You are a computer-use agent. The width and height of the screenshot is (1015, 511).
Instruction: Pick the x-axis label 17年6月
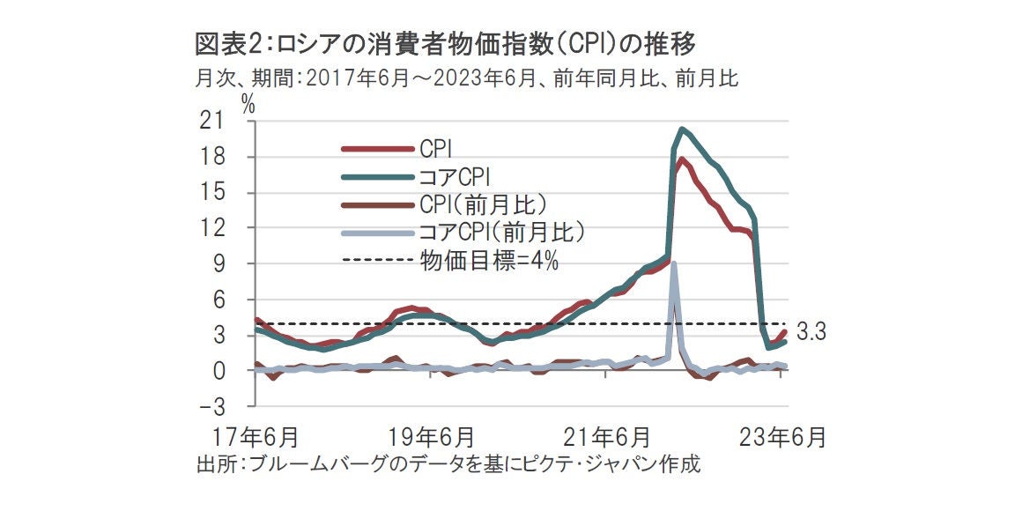[x=255, y=436]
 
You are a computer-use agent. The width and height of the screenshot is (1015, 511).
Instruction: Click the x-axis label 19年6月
[x=431, y=436]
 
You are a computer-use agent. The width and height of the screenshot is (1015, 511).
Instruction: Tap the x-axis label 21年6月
[x=607, y=436]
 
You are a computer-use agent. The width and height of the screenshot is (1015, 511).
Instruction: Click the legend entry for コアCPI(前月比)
[x=500, y=232]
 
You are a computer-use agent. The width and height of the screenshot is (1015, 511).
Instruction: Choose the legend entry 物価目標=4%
[x=488, y=260]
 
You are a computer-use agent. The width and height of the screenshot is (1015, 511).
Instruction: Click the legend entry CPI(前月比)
[x=483, y=204]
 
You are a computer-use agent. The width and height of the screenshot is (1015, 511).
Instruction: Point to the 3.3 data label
[x=810, y=333]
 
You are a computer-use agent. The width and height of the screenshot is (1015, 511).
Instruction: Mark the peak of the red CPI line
[x=681, y=159]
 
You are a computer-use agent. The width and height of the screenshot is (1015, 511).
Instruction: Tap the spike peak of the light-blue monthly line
[x=674, y=263]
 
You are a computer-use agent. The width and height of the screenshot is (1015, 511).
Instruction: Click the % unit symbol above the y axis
[x=248, y=103]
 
